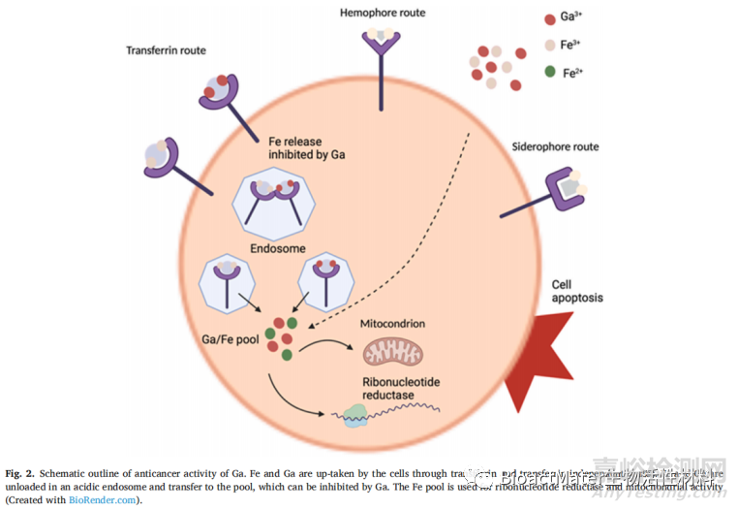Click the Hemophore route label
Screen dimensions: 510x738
pyautogui.click(x=383, y=13)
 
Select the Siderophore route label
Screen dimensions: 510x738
pyautogui.click(x=555, y=147)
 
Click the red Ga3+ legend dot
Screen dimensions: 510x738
pyautogui.click(x=550, y=17)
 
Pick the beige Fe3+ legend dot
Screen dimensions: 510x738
pyautogui.click(x=550, y=45)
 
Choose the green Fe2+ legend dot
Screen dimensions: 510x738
pyautogui.click(x=550, y=72)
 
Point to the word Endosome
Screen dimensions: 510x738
pyautogui.click(x=278, y=247)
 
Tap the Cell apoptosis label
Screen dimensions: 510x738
pyautogui.click(x=577, y=291)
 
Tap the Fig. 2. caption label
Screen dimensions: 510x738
pyautogui.click(x=21, y=471)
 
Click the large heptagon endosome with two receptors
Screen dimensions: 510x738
pyautogui.click(x=278, y=199)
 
